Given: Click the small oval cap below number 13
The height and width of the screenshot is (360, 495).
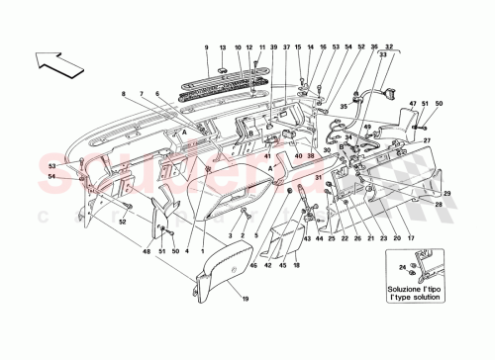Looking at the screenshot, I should coord(223,67).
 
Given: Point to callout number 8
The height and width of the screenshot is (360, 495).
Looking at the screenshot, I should coord(125,95).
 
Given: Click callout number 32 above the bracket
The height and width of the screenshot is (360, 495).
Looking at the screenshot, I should coord(388,48).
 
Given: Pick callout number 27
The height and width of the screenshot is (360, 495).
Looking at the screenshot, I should coord(428,140).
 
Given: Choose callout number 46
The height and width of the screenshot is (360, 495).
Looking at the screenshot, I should coord(252,265).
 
